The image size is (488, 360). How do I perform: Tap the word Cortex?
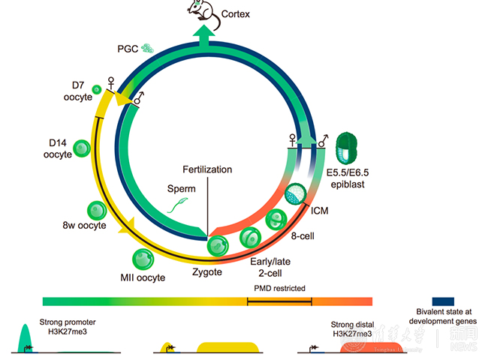coord(238,13)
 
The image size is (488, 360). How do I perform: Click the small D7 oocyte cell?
coord(97,90)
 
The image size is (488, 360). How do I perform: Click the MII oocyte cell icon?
coord(143,259)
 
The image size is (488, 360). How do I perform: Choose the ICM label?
coord(320,211)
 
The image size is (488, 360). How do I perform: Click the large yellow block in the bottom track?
coord(228,347)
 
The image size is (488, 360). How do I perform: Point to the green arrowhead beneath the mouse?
coord(202,34)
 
